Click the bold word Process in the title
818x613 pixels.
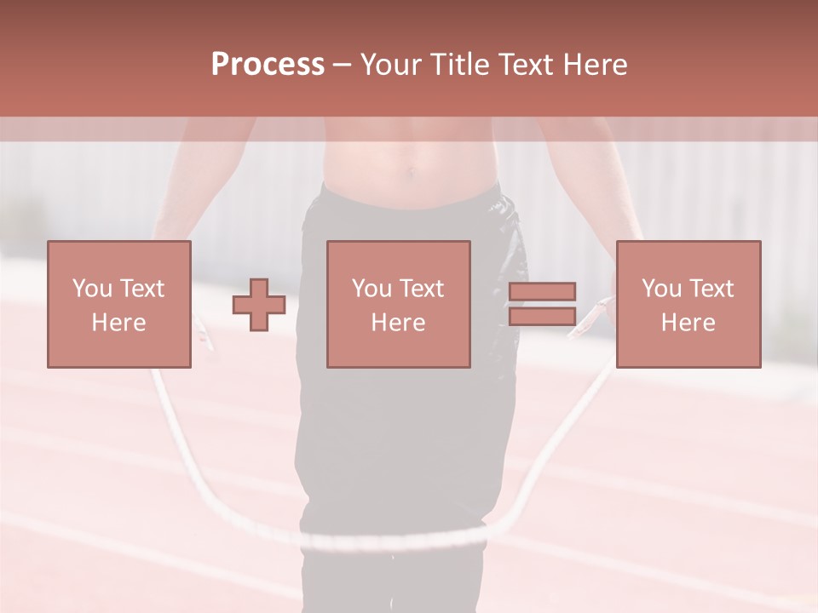(x=268, y=65)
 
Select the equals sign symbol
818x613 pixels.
(x=542, y=304)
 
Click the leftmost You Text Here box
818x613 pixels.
(x=119, y=304)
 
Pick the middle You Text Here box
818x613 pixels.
(x=399, y=304)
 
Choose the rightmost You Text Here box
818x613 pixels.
(x=688, y=304)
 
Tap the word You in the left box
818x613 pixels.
(x=92, y=289)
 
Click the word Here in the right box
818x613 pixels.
(x=688, y=322)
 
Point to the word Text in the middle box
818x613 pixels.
(x=421, y=289)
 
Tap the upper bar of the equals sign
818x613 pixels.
(x=542, y=291)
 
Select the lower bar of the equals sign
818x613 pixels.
(x=542, y=317)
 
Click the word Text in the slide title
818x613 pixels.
(x=525, y=65)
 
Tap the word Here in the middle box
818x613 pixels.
(x=399, y=322)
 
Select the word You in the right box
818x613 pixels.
(x=661, y=289)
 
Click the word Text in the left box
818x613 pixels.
(x=141, y=289)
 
